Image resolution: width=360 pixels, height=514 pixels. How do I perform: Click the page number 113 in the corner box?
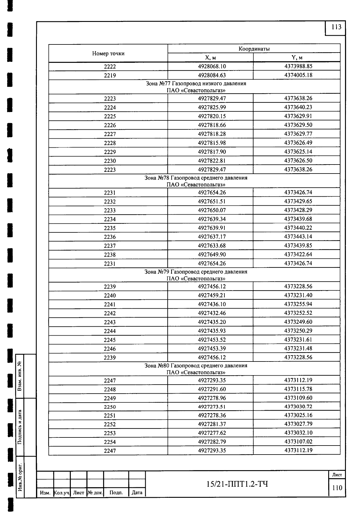[x=336, y=27]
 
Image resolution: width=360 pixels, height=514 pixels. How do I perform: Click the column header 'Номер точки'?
[x=108, y=53]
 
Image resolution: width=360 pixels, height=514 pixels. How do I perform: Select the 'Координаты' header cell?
[x=254, y=49]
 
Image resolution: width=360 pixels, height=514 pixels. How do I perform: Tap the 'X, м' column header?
[x=210, y=58]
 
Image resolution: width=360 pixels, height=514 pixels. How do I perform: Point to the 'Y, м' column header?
[x=297, y=58]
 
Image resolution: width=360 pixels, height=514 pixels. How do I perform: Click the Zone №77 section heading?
[x=196, y=87]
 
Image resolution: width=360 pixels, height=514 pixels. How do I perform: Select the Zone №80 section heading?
[x=196, y=369]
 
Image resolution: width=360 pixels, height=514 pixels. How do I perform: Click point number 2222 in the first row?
[x=110, y=67]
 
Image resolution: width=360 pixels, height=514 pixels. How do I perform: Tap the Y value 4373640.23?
[x=298, y=107]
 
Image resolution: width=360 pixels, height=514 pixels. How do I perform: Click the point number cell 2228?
[x=110, y=143]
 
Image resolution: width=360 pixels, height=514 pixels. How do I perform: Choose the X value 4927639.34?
[x=212, y=219]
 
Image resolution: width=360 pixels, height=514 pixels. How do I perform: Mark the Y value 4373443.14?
[x=298, y=237]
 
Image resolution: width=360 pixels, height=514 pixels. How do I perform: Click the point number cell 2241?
[x=110, y=304]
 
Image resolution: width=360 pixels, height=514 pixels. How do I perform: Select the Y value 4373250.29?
[x=298, y=331]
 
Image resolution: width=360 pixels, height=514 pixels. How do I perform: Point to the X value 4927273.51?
[x=212, y=407]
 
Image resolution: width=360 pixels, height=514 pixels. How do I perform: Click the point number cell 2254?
[x=110, y=442]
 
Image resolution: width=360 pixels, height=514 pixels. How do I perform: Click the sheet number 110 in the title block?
[x=337, y=488]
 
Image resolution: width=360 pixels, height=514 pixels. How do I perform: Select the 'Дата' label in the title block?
[x=137, y=493]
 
